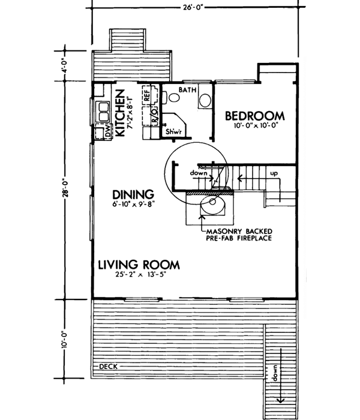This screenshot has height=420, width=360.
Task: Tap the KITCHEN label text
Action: [x=120, y=112]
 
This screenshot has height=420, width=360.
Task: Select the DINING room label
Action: [x=133, y=194]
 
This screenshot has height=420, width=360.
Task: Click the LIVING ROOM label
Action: [x=139, y=265]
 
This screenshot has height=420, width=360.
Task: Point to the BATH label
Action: [x=187, y=89]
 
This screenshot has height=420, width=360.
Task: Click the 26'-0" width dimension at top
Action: [x=193, y=8]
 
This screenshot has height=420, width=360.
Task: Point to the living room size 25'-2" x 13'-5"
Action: [x=139, y=277]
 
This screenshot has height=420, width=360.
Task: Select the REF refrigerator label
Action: [x=145, y=93]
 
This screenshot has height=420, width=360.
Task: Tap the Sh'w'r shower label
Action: [x=175, y=131]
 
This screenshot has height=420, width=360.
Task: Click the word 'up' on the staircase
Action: [x=275, y=173]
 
